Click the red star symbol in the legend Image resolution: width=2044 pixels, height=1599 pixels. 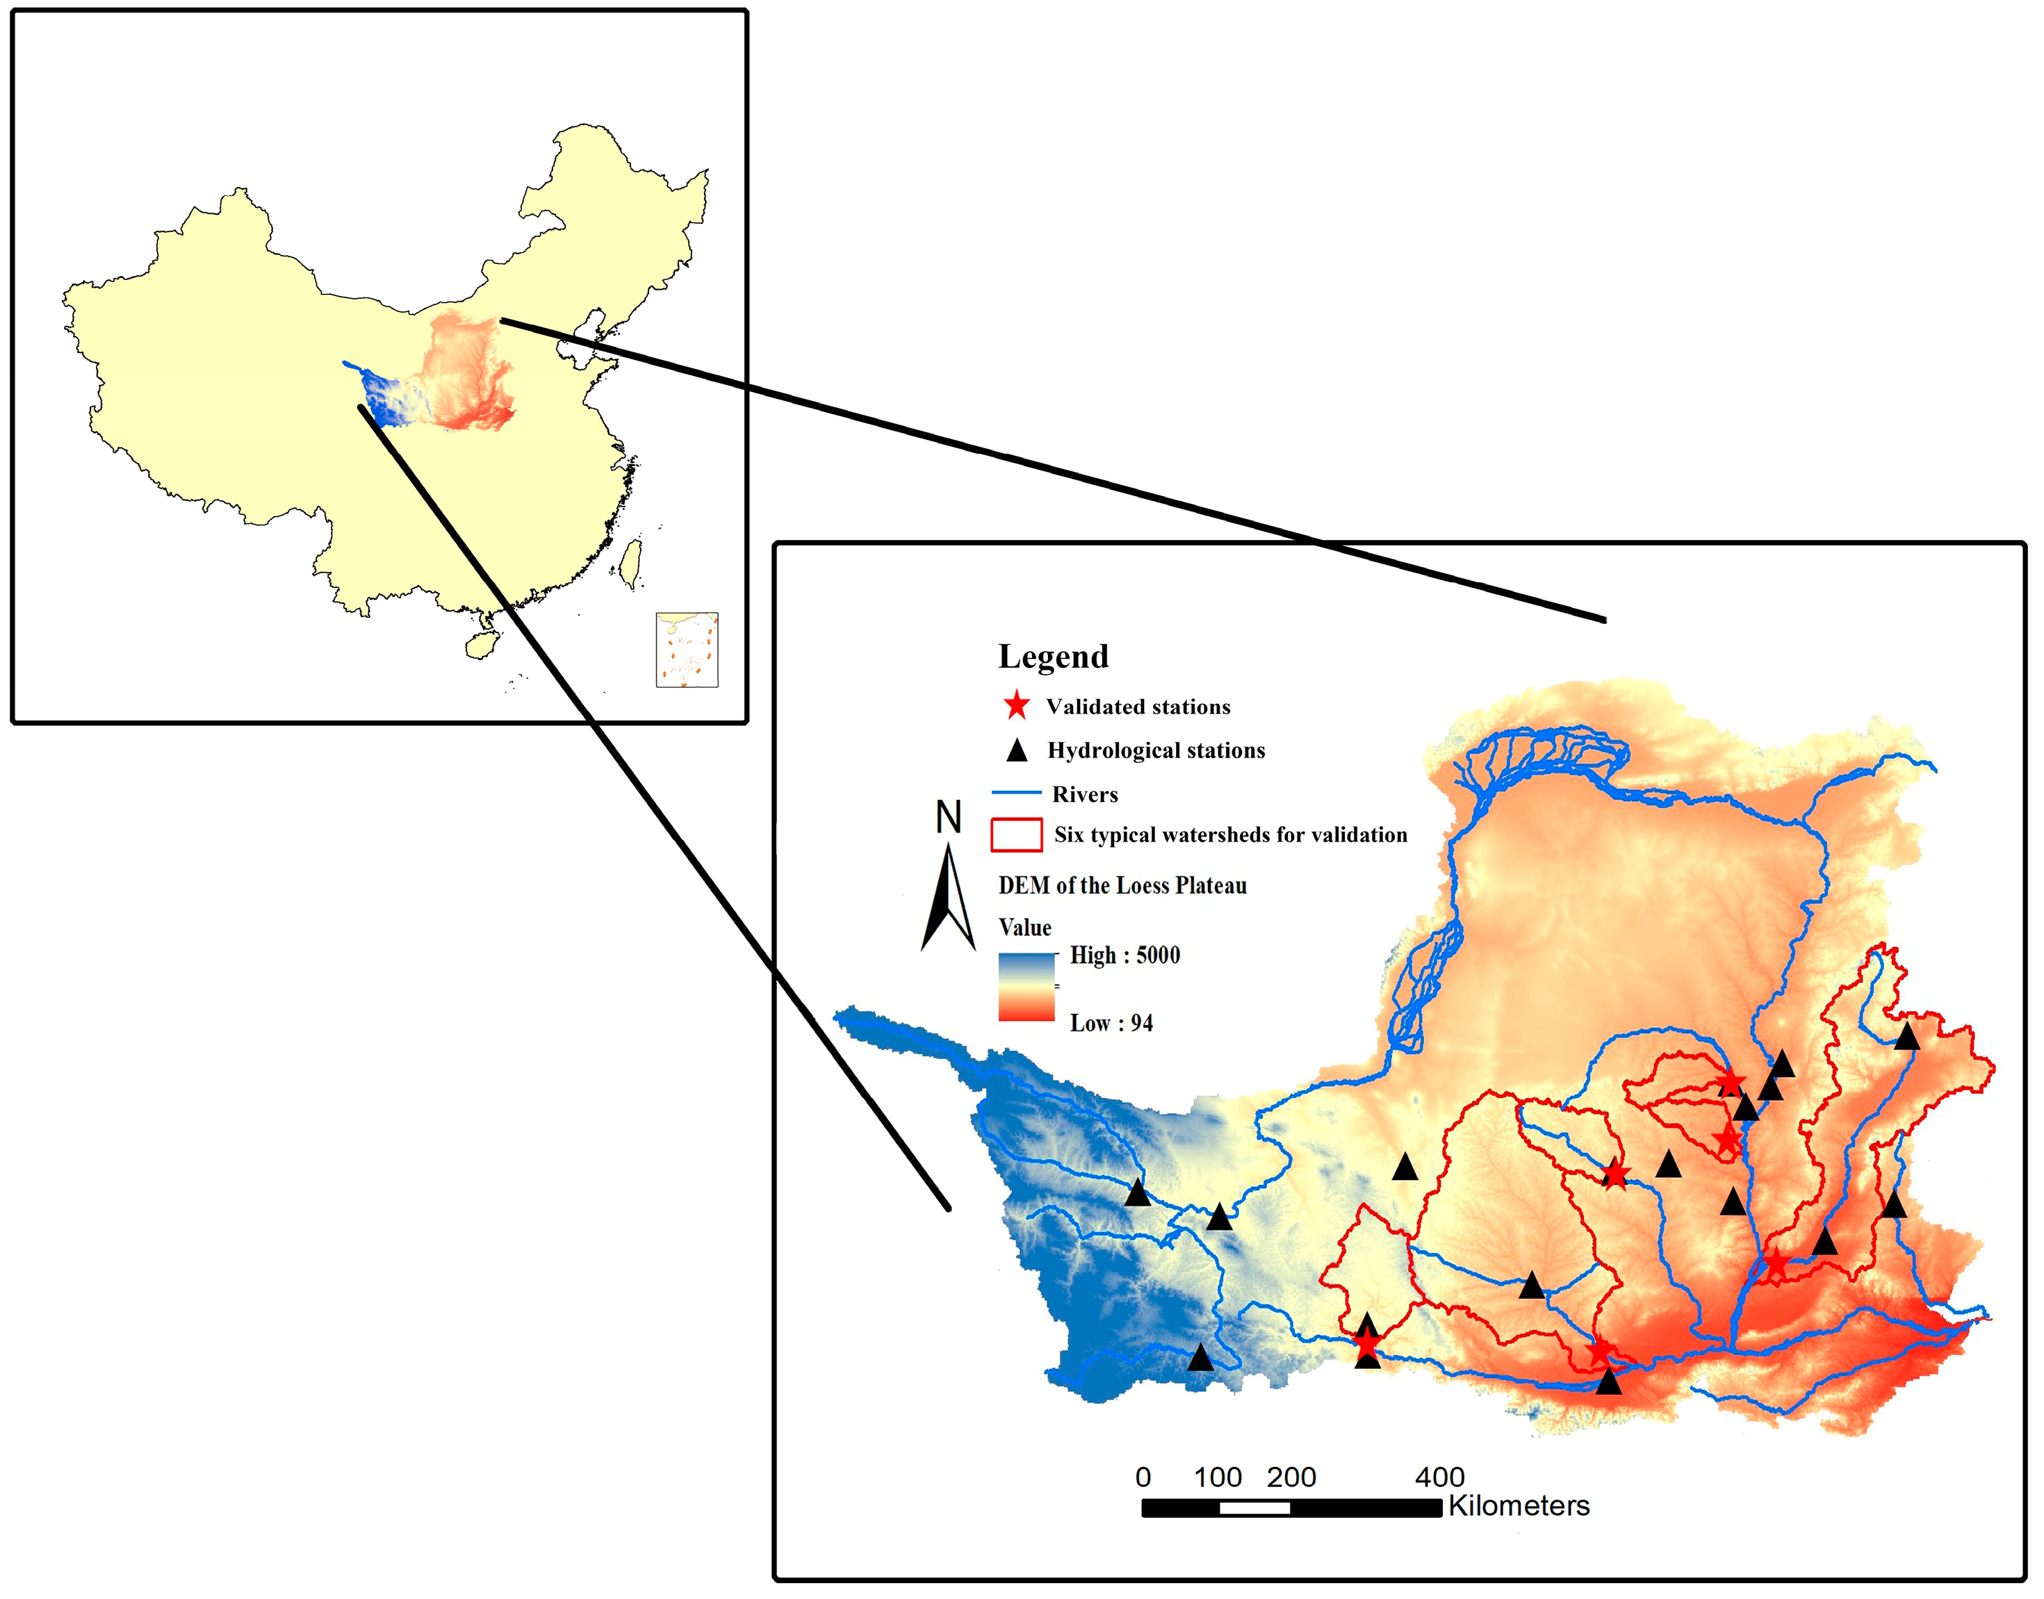(1016, 706)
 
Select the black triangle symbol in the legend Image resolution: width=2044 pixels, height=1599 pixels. (1016, 751)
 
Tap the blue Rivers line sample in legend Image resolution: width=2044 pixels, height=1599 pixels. (1016, 793)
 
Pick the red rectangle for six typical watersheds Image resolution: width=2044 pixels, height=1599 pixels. (1016, 834)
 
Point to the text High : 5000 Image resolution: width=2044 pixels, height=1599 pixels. (1124, 955)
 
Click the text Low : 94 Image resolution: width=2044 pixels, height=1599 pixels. (1111, 1023)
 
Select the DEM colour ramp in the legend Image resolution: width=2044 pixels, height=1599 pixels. (1027, 987)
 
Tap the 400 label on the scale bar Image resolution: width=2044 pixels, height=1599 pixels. (1439, 1477)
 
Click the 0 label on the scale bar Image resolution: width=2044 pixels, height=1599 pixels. (1143, 1477)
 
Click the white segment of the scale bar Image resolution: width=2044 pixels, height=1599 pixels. (1254, 1508)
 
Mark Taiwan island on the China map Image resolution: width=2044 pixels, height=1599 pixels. (633, 563)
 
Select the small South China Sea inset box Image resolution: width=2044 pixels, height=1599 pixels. (687, 650)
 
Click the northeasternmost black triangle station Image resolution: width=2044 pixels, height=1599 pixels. (1906, 1038)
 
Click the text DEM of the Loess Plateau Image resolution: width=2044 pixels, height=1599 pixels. (1122, 885)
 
